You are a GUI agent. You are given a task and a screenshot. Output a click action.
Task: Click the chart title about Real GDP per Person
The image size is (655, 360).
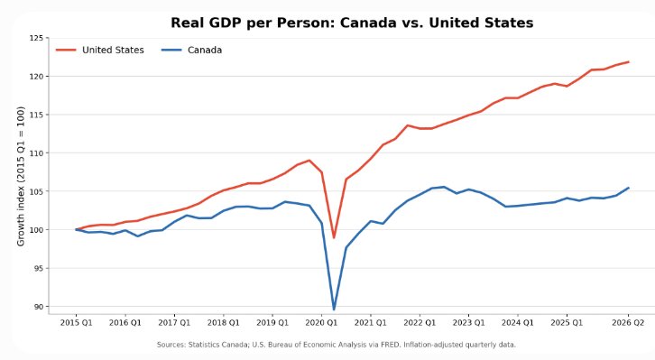tap(352, 23)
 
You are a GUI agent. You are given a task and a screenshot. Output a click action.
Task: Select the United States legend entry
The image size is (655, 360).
tap(100, 51)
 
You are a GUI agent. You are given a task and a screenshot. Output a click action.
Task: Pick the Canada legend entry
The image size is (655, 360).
tap(192, 51)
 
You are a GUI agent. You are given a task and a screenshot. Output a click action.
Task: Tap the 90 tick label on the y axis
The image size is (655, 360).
tap(39, 307)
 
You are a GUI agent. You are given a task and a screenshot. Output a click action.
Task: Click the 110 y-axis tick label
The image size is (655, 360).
tap(36, 153)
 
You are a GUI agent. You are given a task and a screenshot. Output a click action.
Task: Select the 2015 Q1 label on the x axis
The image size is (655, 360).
tap(76, 323)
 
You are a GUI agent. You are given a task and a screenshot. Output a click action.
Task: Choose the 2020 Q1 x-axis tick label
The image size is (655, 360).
tap(321, 323)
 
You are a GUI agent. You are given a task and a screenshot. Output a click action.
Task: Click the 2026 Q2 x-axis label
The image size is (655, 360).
tap(628, 323)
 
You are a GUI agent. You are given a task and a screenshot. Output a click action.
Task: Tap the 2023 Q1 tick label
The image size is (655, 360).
tap(468, 323)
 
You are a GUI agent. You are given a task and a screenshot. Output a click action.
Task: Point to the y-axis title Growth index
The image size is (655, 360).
tap(21, 176)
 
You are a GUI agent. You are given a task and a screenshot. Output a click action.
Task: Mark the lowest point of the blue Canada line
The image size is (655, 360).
tap(334, 309)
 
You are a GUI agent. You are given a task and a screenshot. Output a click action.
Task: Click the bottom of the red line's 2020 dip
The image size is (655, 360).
tap(334, 237)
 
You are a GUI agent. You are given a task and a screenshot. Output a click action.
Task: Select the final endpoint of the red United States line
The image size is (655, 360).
tap(628, 62)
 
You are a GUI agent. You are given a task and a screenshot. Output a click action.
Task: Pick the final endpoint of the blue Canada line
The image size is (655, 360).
tap(628, 188)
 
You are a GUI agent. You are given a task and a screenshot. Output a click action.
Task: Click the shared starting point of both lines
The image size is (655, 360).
tap(76, 229)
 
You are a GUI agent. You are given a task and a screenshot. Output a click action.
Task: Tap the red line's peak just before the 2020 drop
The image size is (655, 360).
tap(309, 161)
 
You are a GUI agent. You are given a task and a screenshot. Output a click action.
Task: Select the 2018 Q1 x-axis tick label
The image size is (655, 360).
tap(224, 323)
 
